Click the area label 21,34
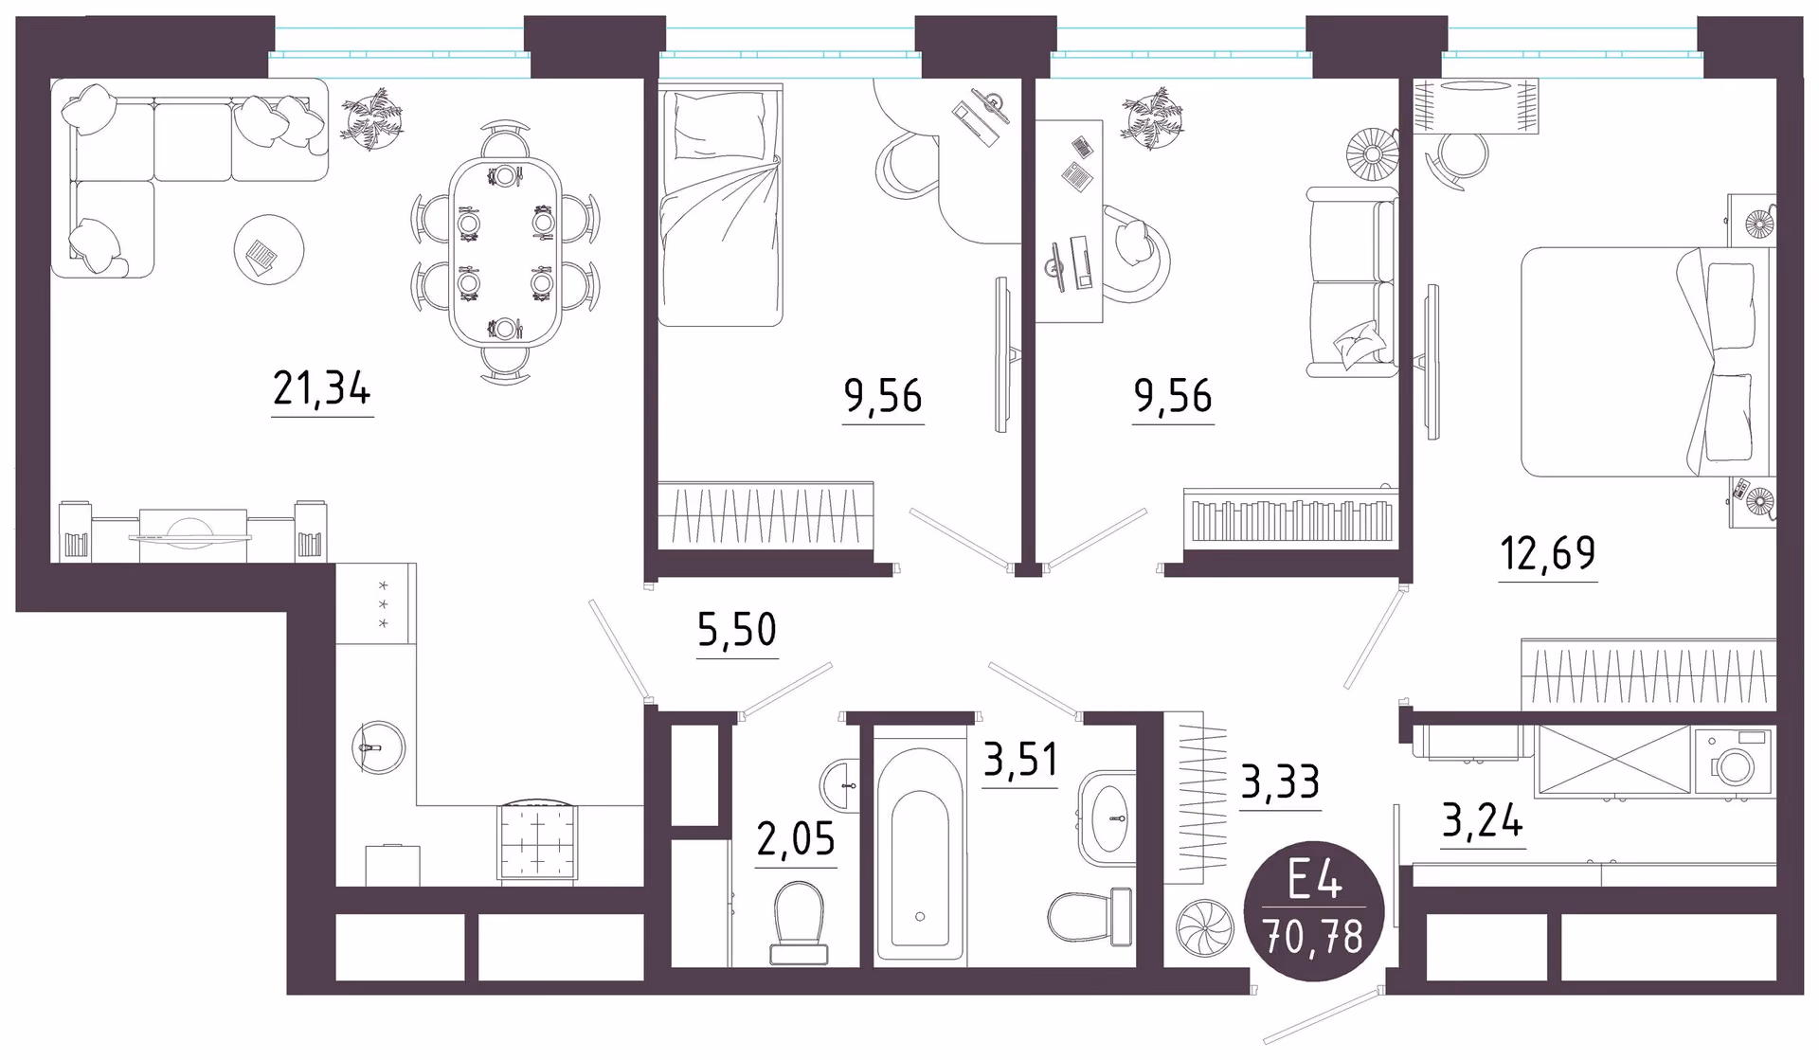[x=322, y=388]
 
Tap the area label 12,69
[x=1548, y=553]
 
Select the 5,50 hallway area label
[x=737, y=630]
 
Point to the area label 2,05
[x=796, y=839]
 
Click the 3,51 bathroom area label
[x=1020, y=760]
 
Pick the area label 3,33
[x=1280, y=783]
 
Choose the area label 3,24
[x=1483, y=820]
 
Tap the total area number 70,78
[x=1314, y=937]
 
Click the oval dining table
[x=505, y=252]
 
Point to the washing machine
[x=1733, y=761]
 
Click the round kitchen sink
[x=379, y=747]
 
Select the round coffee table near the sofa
[x=269, y=250]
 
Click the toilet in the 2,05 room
[x=799, y=923]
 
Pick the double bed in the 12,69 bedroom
[x=1648, y=361]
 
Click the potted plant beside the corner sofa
[x=372, y=118]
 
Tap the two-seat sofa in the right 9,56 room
[x=1352, y=282]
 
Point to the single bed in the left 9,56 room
[x=721, y=206]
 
